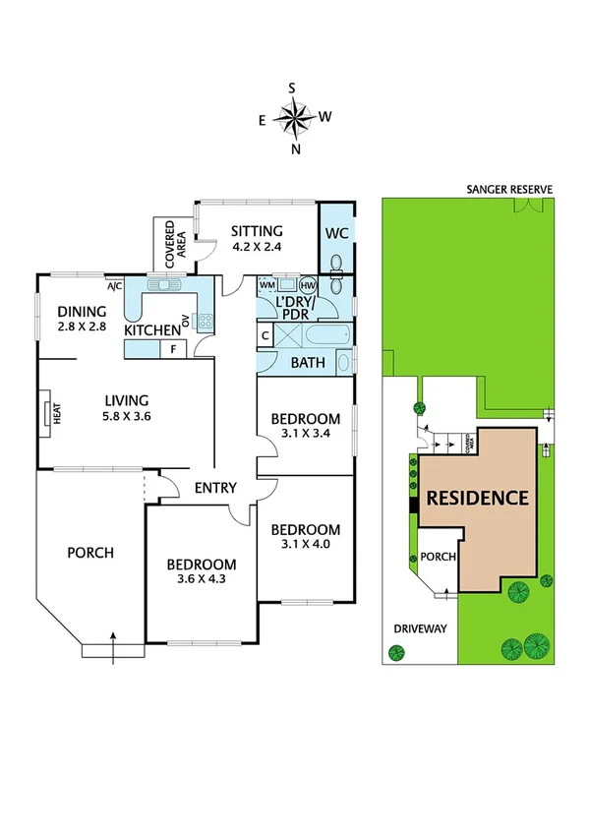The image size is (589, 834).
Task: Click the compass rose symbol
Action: [x=294, y=119]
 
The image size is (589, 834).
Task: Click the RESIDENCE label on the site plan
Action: [x=477, y=499]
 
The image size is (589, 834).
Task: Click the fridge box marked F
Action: [x=174, y=348]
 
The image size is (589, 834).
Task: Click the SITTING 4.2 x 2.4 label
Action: [x=257, y=239]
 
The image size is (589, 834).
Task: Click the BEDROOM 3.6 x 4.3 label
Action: [x=202, y=572]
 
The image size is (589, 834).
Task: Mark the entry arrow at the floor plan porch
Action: [x=114, y=640]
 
